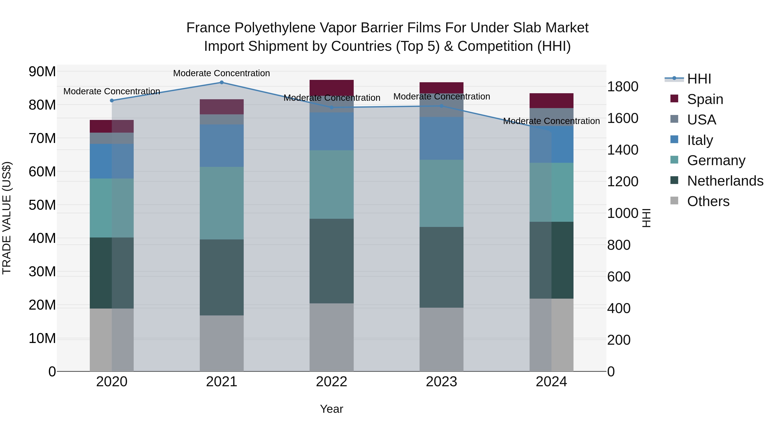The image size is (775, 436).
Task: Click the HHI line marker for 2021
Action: click(x=222, y=82)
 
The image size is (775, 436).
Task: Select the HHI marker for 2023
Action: click(x=441, y=106)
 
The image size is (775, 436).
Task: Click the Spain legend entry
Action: click(x=705, y=99)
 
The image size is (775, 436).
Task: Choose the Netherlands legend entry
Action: click(x=725, y=181)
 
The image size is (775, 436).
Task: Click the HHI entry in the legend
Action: click(x=699, y=79)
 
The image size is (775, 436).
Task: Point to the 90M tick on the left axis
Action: click(x=42, y=72)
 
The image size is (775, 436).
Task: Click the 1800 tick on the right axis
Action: click(x=622, y=87)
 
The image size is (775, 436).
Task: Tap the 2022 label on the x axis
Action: click(x=332, y=382)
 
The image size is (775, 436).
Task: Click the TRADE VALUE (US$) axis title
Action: click(x=7, y=218)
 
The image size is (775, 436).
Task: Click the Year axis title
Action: click(x=332, y=409)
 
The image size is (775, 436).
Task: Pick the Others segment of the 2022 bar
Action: click(x=332, y=337)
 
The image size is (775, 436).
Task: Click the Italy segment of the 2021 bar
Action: click(x=222, y=145)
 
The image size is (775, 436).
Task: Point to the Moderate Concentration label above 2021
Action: click(x=222, y=73)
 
